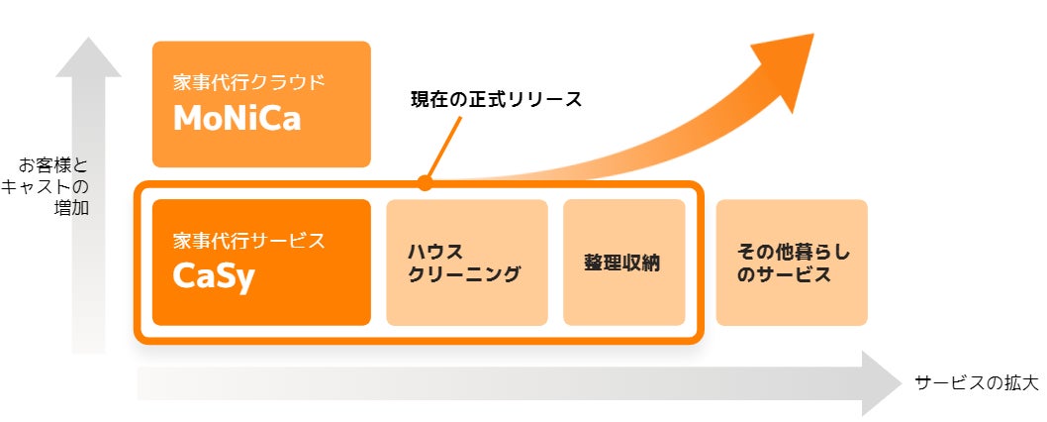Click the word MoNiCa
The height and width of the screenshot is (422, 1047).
pos(237,119)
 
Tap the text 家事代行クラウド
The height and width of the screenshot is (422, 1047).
pos(248,82)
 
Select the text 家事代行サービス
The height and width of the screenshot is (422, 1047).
pos(248,241)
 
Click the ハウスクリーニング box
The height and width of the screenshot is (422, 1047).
pos(466,263)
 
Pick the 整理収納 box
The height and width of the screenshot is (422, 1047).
pos(623,263)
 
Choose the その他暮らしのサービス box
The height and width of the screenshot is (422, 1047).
pos(791,263)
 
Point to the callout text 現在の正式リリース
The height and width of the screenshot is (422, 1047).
pos(496,100)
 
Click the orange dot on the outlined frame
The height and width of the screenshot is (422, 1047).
pos(425,182)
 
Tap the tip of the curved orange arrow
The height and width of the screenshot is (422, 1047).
pos(809,38)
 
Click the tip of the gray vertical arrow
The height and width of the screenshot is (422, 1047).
pos(88,42)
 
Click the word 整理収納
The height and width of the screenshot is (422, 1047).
pos(622,264)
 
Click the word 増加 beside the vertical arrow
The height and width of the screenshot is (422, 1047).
pos(71,207)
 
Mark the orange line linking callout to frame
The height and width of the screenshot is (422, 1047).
pos(444,148)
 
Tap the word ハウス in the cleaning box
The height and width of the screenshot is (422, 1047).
pos(435,252)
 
